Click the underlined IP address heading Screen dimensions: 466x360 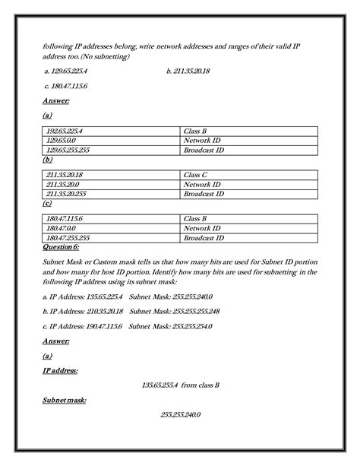pos(60,370)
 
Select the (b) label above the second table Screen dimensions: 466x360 pos(47,160)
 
